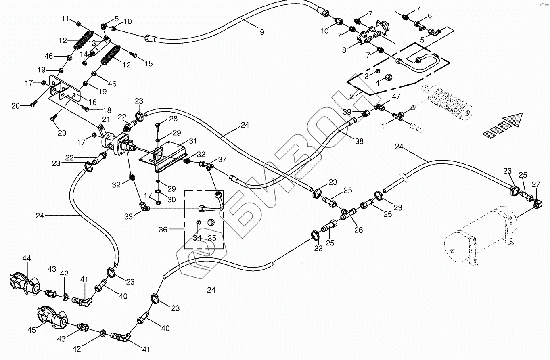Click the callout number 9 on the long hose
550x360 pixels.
coord(262,32)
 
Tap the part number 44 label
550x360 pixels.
coord(27,258)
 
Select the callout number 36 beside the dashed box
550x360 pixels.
coord(163,230)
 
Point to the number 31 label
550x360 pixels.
coord(193,141)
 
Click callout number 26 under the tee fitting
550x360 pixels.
coord(358,230)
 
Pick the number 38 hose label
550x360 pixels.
coord(359,141)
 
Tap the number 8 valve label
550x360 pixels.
coord(344,50)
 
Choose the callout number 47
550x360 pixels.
coord(396,97)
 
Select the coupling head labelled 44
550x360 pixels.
coord(25,285)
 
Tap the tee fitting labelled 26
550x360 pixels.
coord(348,213)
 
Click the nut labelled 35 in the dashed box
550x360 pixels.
coord(211,222)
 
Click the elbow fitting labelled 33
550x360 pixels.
coord(144,206)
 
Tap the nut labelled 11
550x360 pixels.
coord(78,23)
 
